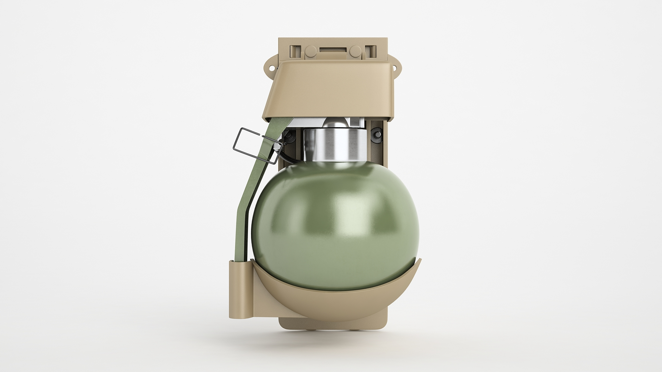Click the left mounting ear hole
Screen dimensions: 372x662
pyautogui.click(x=270, y=68)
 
